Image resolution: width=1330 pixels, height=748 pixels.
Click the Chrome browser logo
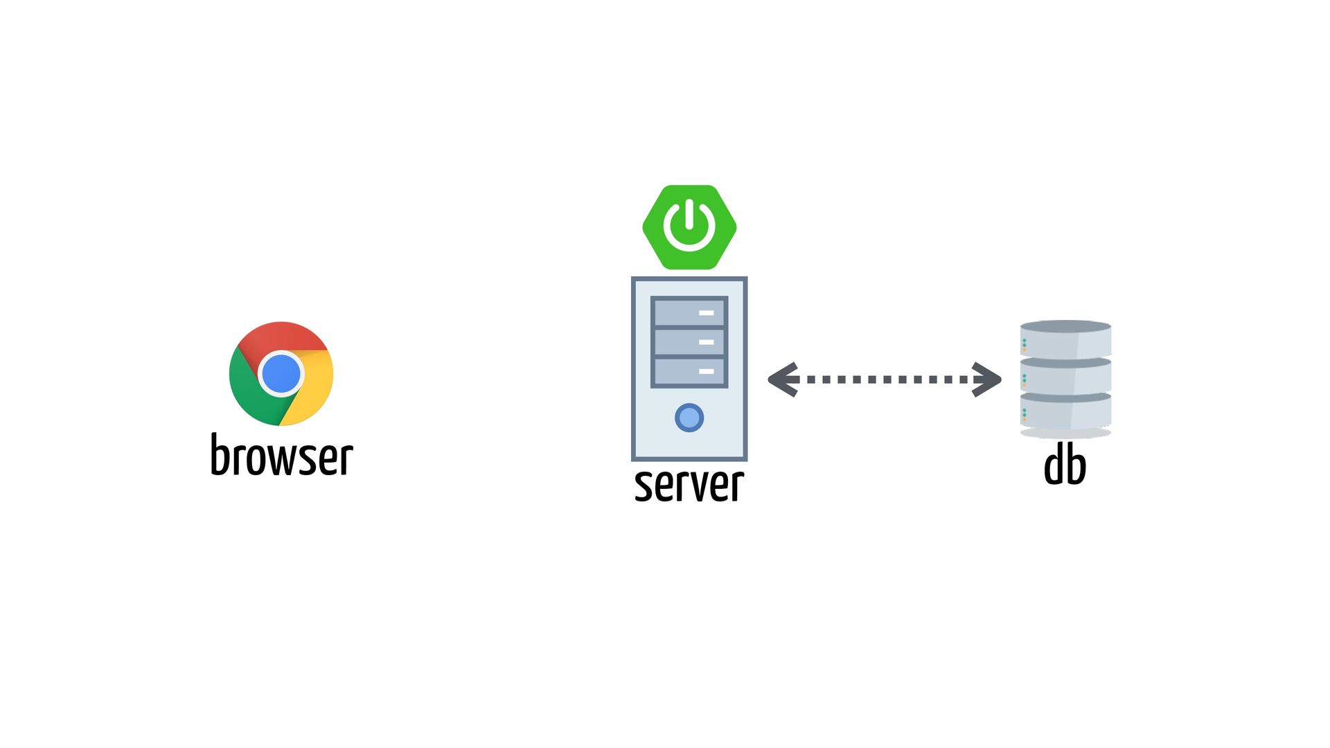[281, 373]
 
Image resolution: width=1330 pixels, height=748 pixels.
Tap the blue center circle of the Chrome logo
[281, 374]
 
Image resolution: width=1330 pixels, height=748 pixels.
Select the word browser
[281, 456]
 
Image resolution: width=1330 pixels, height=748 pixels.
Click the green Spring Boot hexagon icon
[689, 227]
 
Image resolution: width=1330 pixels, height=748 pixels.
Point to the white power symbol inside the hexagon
[689, 226]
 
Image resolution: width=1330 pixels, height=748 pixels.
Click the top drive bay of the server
[689, 312]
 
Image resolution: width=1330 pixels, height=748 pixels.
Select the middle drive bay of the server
[689, 342]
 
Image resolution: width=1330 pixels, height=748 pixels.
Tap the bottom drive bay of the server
[689, 372]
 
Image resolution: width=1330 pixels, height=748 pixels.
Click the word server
[689, 484]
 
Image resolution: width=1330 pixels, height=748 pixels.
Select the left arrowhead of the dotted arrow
[783, 380]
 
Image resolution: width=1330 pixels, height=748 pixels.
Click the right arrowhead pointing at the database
[987, 380]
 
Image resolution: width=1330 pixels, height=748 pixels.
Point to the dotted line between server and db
[885, 380]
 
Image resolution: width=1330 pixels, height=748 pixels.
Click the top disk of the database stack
[1065, 339]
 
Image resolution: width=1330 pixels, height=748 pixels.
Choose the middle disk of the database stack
[1065, 377]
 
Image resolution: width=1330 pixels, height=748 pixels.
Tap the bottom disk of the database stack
[1065, 413]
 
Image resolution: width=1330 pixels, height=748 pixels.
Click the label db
[1065, 465]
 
